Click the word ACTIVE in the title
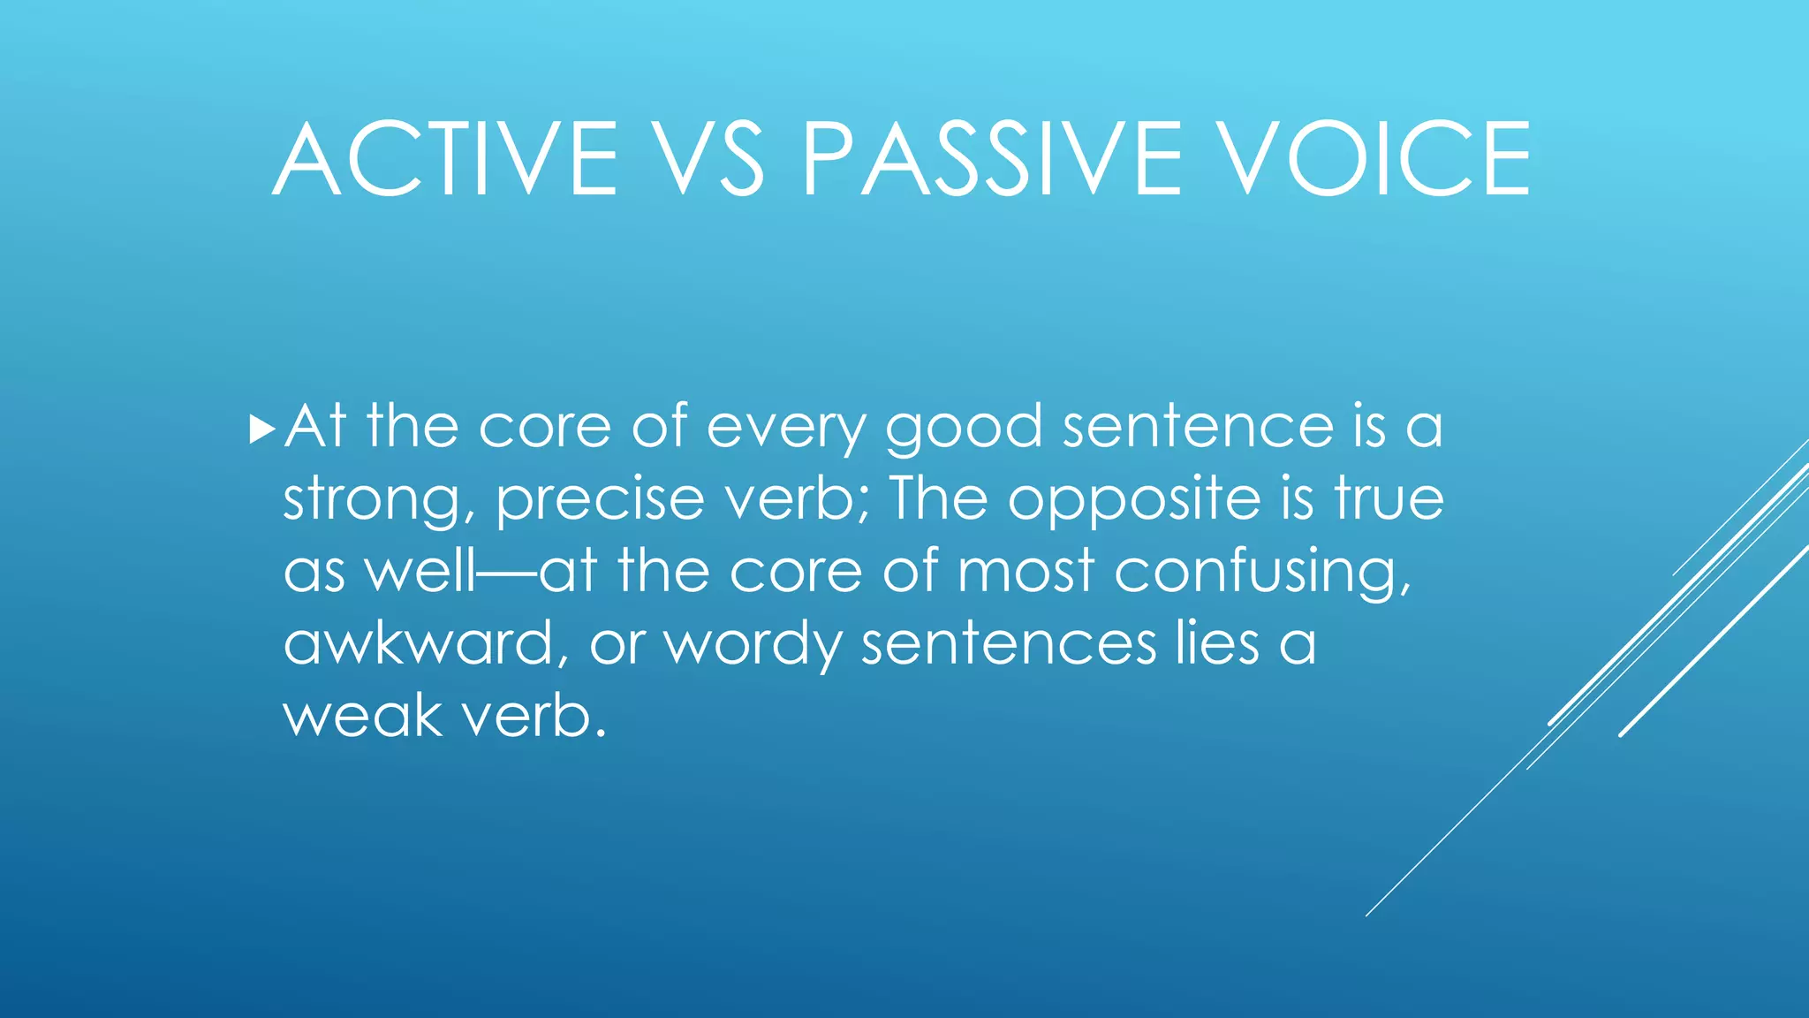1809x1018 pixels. click(x=446, y=160)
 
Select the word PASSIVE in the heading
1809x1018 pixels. click(x=990, y=160)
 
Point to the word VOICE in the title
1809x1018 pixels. click(x=1373, y=160)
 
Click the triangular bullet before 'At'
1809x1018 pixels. click(x=262, y=430)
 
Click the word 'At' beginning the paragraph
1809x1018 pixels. click(x=314, y=429)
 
